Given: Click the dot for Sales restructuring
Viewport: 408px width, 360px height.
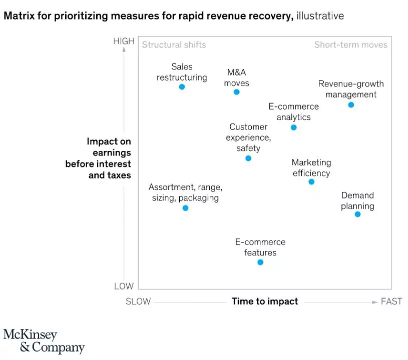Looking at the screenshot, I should [x=182, y=87].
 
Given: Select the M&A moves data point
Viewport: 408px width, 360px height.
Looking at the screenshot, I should [x=237, y=92].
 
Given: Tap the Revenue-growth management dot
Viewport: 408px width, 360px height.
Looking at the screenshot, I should [x=351, y=105].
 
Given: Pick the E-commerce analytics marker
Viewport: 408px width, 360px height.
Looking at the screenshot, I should [x=294, y=127].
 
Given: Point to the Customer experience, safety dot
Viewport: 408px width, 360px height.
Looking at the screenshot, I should [x=248, y=158].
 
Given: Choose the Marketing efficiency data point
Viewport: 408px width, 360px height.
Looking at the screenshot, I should [x=311, y=182].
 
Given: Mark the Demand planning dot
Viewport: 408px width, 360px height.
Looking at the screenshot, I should [x=357, y=214].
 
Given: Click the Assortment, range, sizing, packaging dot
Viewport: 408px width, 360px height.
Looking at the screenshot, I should [x=185, y=208].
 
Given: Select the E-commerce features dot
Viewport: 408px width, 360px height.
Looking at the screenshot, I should [x=260, y=262].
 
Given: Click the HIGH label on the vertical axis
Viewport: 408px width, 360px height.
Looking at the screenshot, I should [x=124, y=41].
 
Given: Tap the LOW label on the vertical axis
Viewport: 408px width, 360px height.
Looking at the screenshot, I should [x=124, y=286].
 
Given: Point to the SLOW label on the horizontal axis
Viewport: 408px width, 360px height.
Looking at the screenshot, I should [x=138, y=301].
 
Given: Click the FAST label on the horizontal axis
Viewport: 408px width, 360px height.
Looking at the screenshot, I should [x=391, y=301].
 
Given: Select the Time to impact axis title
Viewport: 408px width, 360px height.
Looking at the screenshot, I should [x=265, y=301].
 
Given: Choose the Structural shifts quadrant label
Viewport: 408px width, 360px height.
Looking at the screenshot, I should [x=174, y=45].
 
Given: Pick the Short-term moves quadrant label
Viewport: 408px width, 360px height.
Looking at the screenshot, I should [x=350, y=45].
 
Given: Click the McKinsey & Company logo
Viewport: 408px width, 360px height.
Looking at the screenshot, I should [x=44, y=341].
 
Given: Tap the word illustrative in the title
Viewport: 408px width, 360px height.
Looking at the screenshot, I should [x=320, y=16].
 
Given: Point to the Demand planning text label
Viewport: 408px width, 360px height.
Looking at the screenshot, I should [x=357, y=200].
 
